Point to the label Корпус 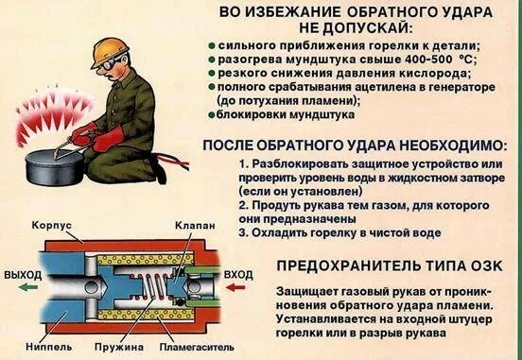click(52, 227)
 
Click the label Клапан click(195, 227)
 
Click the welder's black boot click(156, 175)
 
